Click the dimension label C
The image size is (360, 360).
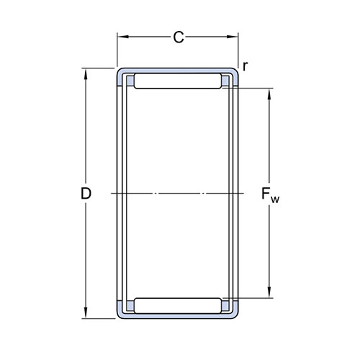pos(179,37)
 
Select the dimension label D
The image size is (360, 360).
pos(86,194)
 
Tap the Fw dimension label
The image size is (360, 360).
pos(270,195)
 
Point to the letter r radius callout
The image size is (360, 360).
pos(245,66)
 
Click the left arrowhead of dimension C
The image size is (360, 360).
pos(124,37)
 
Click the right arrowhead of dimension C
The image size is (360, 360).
pos(232,37)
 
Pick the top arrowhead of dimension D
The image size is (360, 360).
pos(86,74)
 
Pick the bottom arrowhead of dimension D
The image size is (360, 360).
pos(86,313)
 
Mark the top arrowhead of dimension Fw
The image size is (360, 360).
pos(269,94)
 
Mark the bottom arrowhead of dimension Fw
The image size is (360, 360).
pos(269,292)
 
